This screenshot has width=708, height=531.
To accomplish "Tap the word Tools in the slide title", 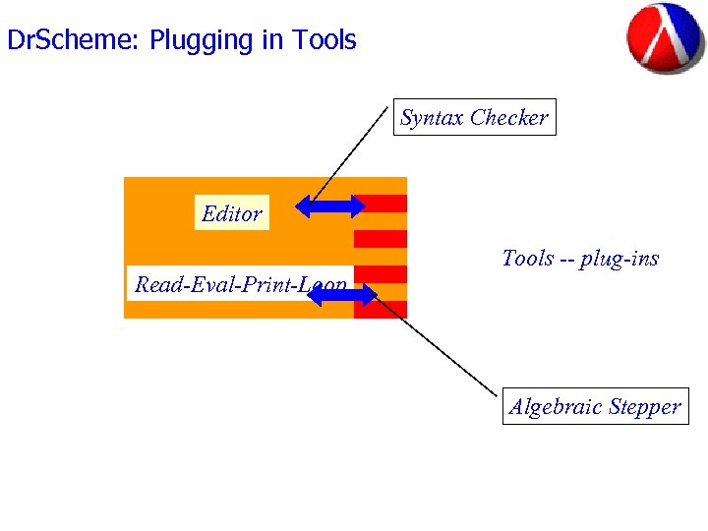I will click(324, 40).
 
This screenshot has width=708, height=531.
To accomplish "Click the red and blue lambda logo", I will click(666, 39).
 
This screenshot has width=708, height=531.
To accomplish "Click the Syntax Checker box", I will click(474, 118).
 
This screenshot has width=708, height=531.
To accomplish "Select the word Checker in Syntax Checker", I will click(508, 118).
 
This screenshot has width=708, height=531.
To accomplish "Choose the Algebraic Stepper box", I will click(595, 407).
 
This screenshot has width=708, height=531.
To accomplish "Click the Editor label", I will click(231, 213).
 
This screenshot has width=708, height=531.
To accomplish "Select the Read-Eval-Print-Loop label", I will click(240, 285).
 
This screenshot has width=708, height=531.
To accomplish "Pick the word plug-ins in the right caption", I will click(619, 260).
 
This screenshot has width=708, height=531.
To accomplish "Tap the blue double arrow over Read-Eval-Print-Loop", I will click(342, 293).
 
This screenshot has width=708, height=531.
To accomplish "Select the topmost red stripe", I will click(383, 204).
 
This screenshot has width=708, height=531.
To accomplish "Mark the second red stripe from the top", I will click(381, 238).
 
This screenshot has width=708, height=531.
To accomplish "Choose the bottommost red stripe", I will click(381, 309).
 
